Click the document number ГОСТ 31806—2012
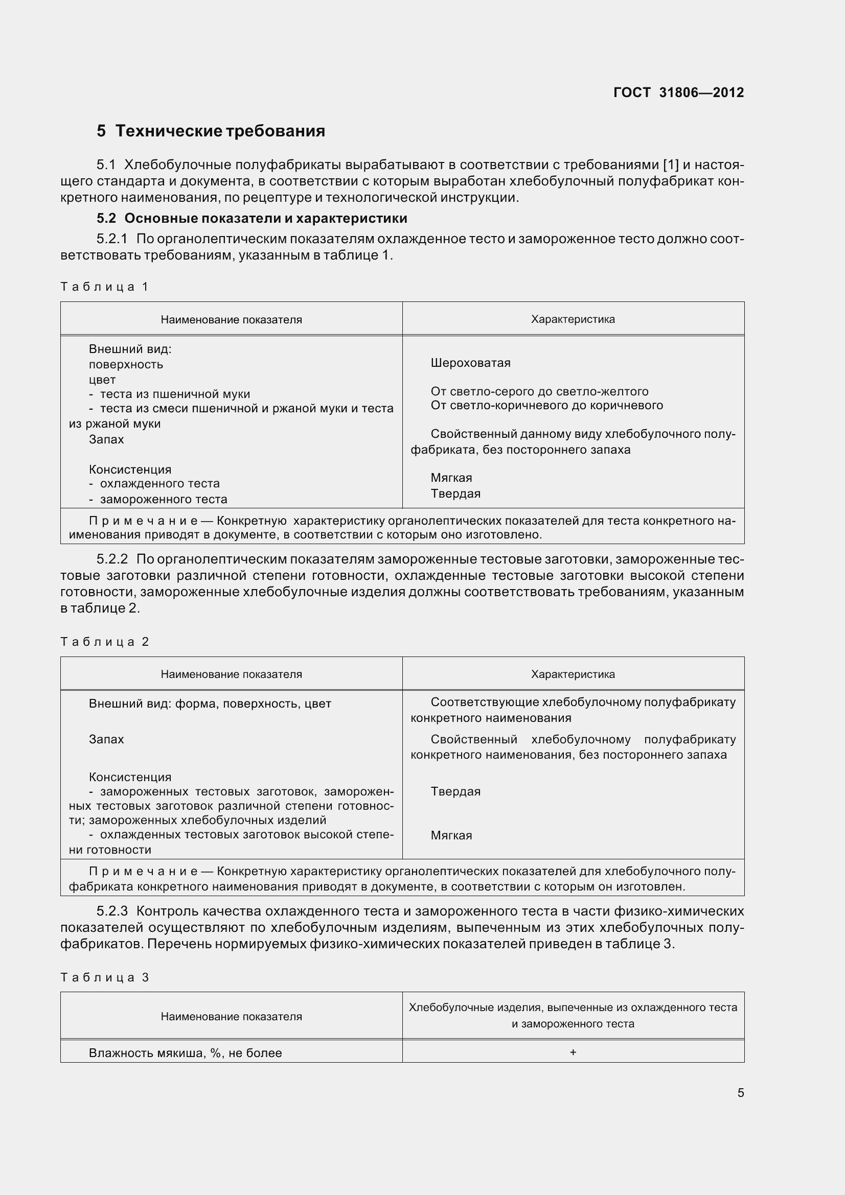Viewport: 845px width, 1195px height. pyautogui.click(x=678, y=92)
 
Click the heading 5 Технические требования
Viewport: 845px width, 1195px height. pyautogui.click(x=210, y=131)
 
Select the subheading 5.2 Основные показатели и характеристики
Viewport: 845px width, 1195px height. pyautogui.click(x=252, y=218)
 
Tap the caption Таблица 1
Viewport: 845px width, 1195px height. pyautogui.click(x=105, y=287)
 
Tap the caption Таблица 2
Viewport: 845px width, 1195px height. pyautogui.click(x=105, y=642)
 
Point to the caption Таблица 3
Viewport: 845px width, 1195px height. pyautogui.click(x=105, y=977)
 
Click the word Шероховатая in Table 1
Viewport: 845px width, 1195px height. pyautogui.click(x=470, y=363)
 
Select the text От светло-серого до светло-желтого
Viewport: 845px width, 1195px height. pyautogui.click(x=539, y=391)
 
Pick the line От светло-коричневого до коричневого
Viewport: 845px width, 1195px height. pyautogui.click(x=546, y=406)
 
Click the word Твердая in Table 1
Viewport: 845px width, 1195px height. pyautogui.click(x=455, y=494)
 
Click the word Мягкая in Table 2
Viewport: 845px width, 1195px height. pyautogui.click(x=451, y=835)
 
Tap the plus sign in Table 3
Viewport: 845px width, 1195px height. pyautogui.click(x=573, y=1052)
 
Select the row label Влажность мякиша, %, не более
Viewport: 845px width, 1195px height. pyautogui.click(x=186, y=1053)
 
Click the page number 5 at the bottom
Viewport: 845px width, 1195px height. pyautogui.click(x=740, y=1093)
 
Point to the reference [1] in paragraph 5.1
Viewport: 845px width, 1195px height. pyautogui.click(x=671, y=165)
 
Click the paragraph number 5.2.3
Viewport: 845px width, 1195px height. pyautogui.click(x=112, y=911)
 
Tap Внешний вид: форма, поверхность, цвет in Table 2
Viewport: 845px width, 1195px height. pyautogui.click(x=210, y=704)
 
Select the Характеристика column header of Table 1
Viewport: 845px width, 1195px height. pyautogui.click(x=573, y=319)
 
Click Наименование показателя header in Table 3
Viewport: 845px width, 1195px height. pyautogui.click(x=231, y=1017)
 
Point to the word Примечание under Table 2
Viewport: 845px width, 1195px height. pyautogui.click(x=143, y=871)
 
